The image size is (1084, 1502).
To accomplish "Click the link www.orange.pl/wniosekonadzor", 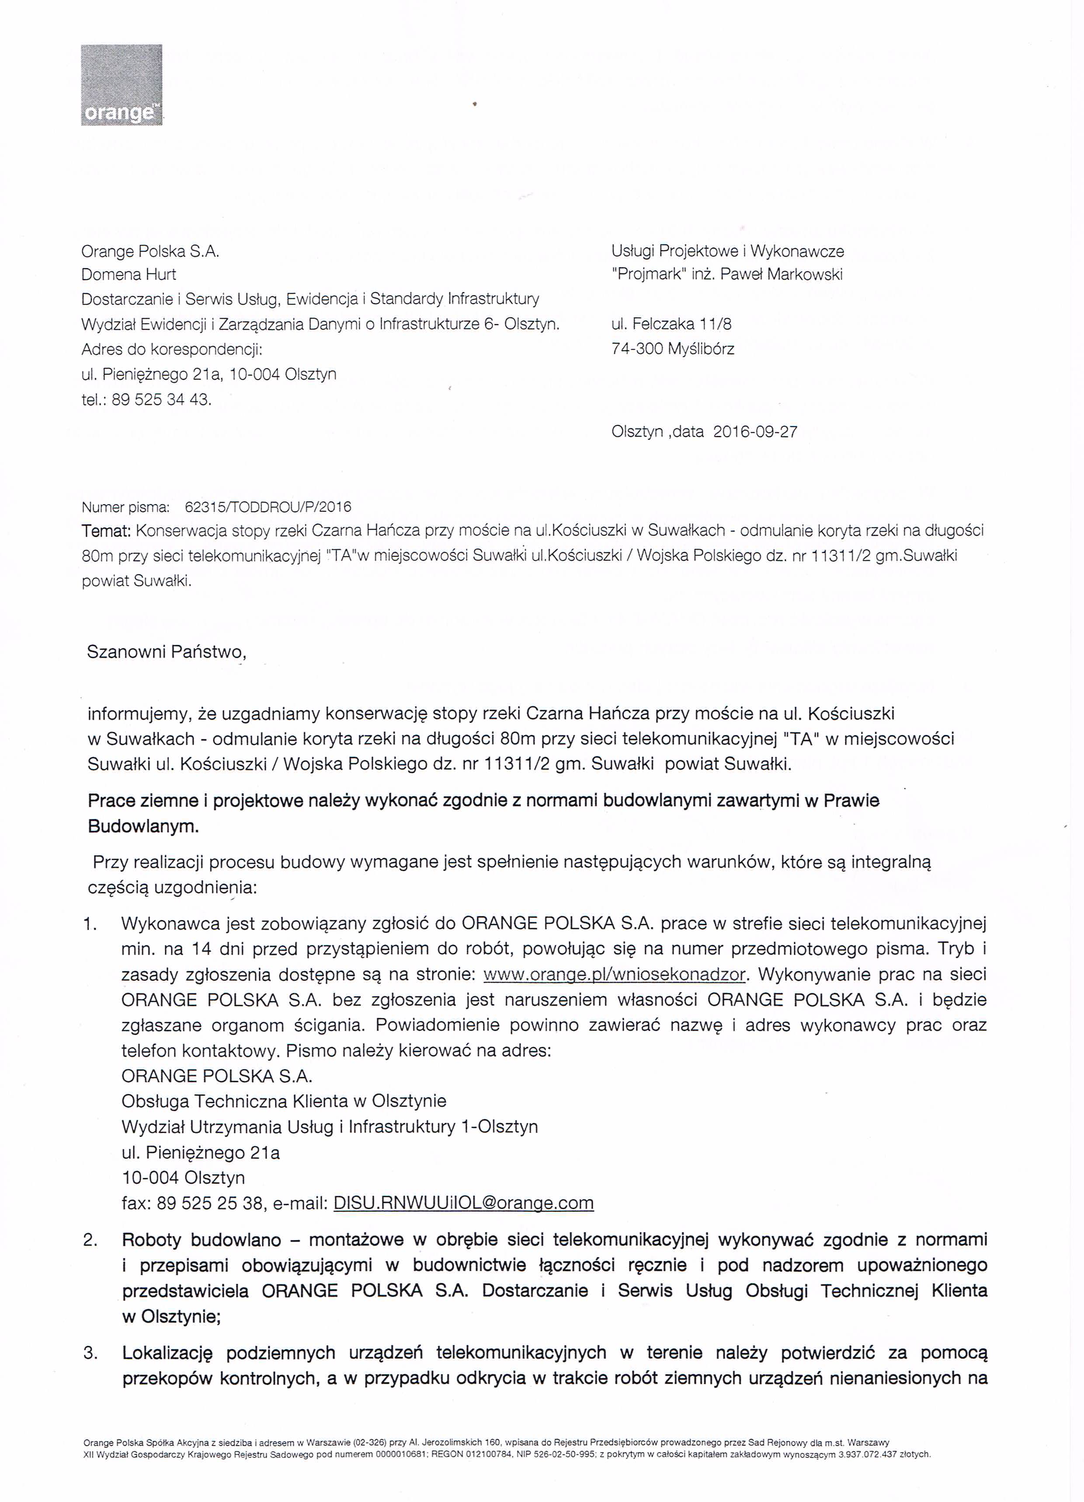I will (x=615, y=975).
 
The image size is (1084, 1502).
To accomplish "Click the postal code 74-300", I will (x=637, y=349).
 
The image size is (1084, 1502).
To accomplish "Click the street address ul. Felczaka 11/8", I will (x=671, y=324).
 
